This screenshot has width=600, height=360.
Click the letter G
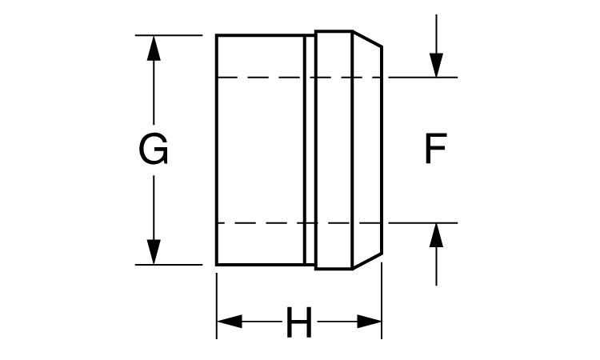pos(154,150)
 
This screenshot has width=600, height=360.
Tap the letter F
pos(434,150)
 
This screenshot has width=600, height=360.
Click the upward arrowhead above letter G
pos(154,47)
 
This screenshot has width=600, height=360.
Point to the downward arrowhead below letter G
pos(154,251)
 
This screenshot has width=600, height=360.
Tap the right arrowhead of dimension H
pos(369,322)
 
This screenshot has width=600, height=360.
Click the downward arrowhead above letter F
pos(436,65)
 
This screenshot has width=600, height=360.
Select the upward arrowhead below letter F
pos(436,235)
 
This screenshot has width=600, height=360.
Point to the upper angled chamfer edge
pos(366,38)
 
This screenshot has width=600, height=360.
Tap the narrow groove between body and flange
pos(310,150)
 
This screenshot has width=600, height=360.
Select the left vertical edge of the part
pos(217,150)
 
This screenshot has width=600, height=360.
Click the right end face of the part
pos(381,150)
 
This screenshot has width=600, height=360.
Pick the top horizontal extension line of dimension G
pos(172,35)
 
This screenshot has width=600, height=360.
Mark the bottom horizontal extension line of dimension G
pos(172,264)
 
